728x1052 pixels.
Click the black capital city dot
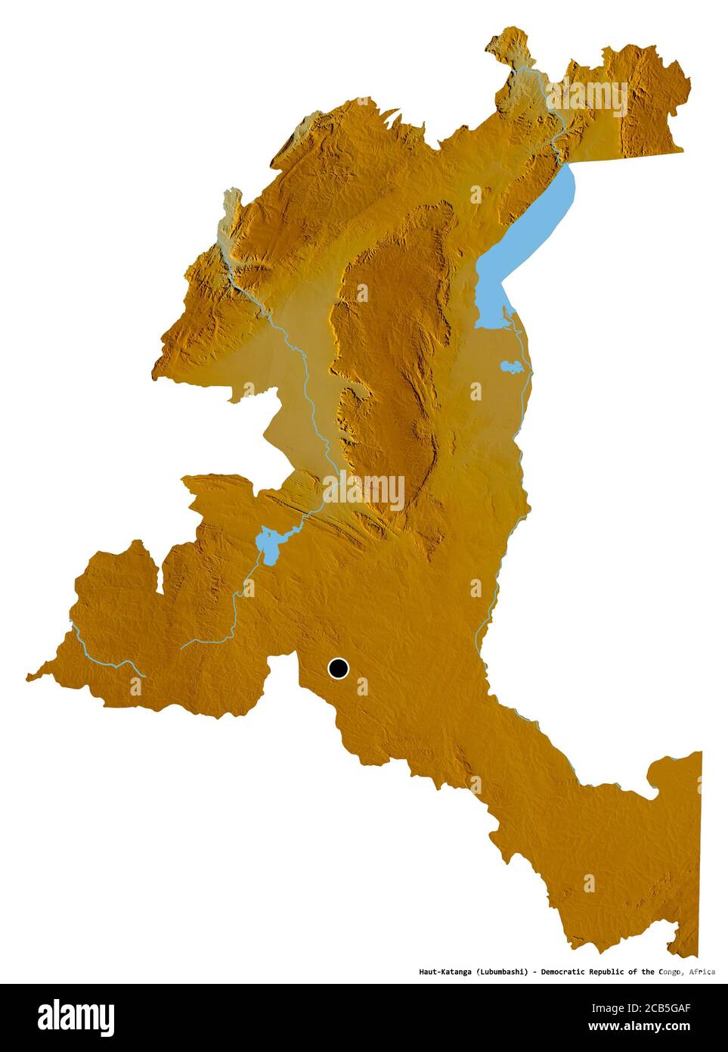click(x=338, y=668)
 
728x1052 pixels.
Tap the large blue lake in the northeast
click(x=529, y=242)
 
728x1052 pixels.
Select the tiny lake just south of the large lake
click(x=512, y=368)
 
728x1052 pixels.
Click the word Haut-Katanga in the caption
click(x=445, y=972)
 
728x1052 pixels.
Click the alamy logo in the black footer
click(x=76, y=1017)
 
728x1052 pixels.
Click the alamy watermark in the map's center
click(x=364, y=490)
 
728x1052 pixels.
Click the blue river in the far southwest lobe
click(x=106, y=658)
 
